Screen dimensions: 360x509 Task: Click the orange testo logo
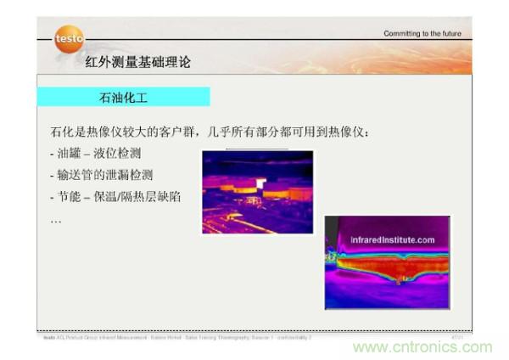tap(69, 39)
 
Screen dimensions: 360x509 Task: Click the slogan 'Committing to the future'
tap(422, 34)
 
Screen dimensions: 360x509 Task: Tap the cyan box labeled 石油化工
tap(123, 97)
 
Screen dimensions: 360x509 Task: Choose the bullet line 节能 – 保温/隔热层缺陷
tap(115, 197)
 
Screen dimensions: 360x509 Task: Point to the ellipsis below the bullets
tap(56, 219)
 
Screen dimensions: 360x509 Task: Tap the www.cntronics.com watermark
tap(422, 346)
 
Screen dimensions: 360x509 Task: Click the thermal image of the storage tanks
tap(257, 192)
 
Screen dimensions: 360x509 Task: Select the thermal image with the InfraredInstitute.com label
tap(387, 262)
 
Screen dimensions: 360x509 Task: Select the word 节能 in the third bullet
tap(70, 197)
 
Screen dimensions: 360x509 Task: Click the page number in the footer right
tap(456, 337)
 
